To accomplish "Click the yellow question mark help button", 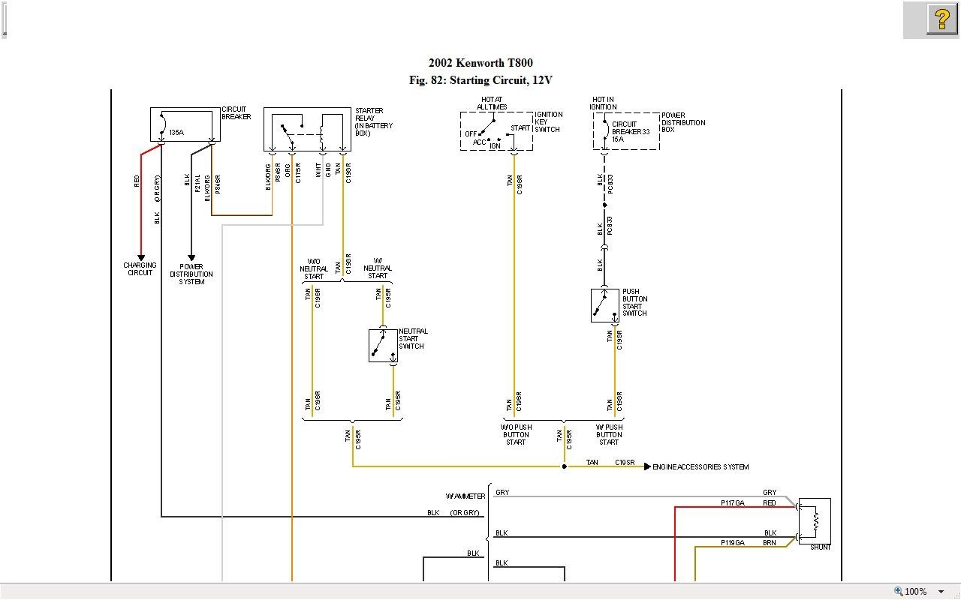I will (941, 19).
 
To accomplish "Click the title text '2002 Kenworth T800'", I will (480, 63).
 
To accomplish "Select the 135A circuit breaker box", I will (185, 124).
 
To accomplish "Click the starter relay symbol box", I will (307, 129).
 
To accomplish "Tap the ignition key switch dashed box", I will (496, 132).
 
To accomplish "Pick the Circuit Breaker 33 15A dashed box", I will (626, 131).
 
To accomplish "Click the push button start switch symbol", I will (604, 305).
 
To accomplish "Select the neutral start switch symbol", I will (383, 346).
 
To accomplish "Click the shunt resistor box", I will (815, 520).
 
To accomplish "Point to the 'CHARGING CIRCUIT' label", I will (140, 268).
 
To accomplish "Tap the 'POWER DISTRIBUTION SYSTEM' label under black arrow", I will (191, 274).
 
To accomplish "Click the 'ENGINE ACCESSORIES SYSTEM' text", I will (700, 467).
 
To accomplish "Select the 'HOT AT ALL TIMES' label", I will (492, 103).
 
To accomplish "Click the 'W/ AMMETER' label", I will (465, 496).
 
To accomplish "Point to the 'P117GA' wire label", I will (732, 503).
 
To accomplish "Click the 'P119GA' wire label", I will (732, 542).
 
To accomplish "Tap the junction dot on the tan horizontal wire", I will (565, 466).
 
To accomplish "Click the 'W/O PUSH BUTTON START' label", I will (516, 435).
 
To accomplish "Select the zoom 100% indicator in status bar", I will (915, 591).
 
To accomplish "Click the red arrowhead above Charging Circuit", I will (140, 257).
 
